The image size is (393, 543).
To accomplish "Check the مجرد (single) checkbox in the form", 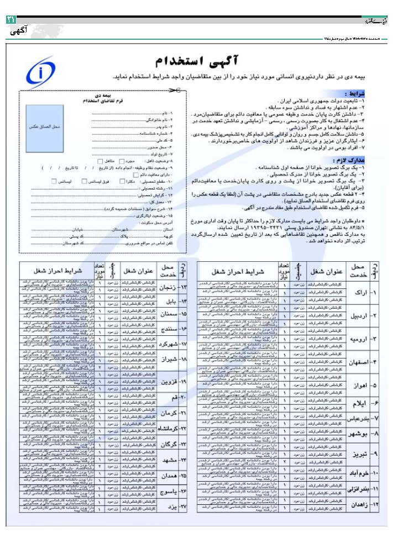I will click(x=122, y=160).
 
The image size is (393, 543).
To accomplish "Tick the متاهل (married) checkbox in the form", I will click(x=99, y=160).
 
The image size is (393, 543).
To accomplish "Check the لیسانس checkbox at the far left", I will click(x=53, y=181).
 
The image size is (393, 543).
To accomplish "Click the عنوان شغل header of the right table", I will click(x=325, y=271).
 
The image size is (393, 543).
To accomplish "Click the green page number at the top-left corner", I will click(x=11, y=19).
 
